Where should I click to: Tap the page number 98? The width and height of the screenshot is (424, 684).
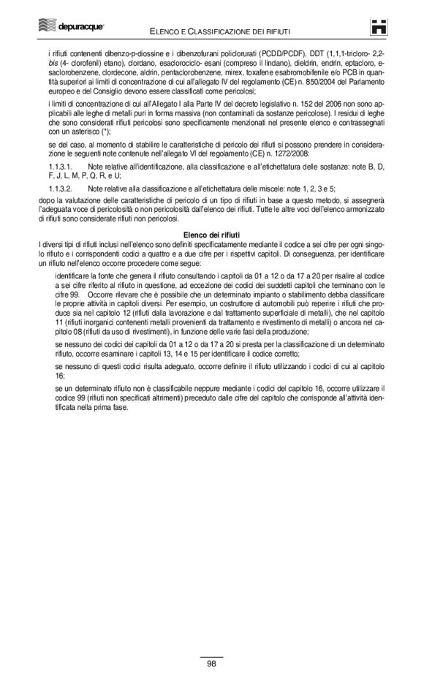click(x=211, y=664)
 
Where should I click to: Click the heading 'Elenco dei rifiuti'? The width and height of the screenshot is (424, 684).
click(x=211, y=235)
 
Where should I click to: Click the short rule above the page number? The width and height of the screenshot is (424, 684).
click(x=211, y=655)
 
